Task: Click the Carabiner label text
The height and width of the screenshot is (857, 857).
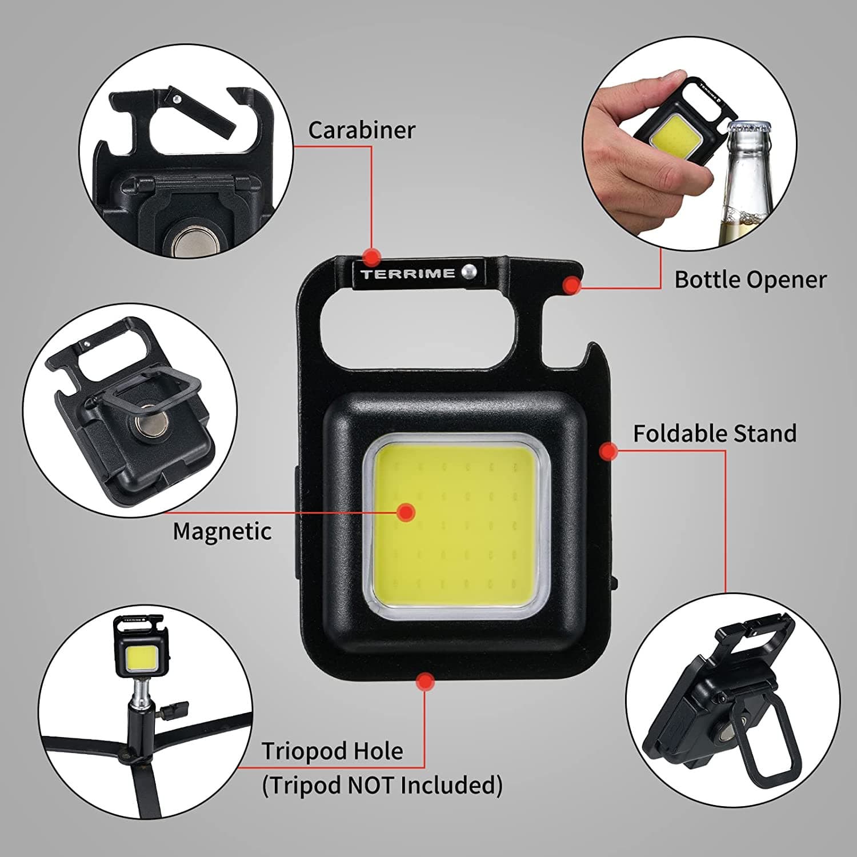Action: pos(362,130)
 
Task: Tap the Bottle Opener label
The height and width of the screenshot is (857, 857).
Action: pos(750,279)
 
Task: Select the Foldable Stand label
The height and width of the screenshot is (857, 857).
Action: pos(715,434)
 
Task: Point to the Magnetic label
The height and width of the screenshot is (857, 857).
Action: pos(222,532)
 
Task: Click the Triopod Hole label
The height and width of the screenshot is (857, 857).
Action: pos(332,751)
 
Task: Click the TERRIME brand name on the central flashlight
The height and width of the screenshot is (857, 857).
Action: pos(408,274)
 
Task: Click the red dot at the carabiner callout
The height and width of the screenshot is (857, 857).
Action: pos(372,257)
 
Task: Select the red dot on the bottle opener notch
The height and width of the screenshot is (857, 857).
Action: pos(571,285)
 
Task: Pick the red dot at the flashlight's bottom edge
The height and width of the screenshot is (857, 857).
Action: pos(425,681)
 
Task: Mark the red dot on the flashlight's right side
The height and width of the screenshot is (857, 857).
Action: pos(609,451)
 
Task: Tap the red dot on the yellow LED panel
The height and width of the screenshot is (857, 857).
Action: pos(406,512)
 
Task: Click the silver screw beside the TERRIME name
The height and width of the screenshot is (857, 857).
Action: pos(470,271)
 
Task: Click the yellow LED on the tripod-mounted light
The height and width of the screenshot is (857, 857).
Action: pos(138,659)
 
